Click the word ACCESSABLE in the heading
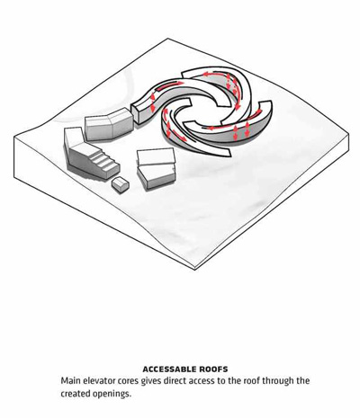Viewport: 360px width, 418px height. point(169,369)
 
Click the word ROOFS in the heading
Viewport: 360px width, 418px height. point(213,369)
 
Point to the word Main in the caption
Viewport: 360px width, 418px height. point(70,381)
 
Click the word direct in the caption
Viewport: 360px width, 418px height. point(172,381)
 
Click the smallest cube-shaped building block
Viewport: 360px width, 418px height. point(121,184)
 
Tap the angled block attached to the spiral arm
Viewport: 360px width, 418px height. point(109,124)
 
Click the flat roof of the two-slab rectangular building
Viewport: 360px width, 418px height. point(156,156)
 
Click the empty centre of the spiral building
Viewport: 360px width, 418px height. point(203,111)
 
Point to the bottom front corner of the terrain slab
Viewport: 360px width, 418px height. point(195,270)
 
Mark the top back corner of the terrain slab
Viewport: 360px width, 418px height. point(168,39)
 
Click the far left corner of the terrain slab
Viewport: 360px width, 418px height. point(14,138)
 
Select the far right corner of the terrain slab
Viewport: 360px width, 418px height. point(348,135)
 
